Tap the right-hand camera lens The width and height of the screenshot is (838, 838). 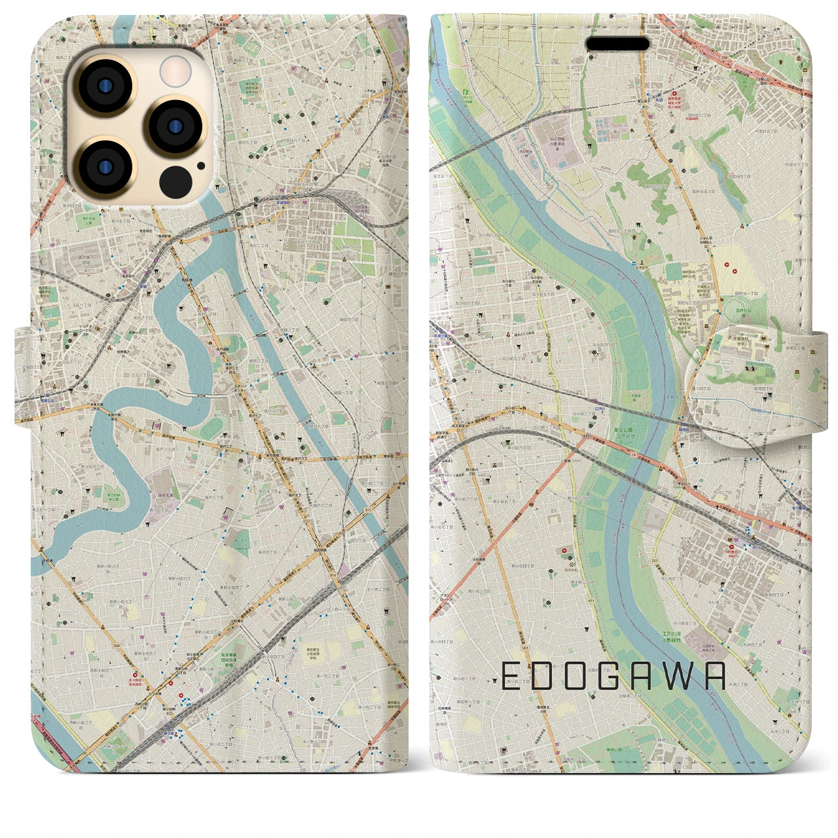coord(173,126)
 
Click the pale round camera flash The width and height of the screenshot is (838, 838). coord(175,70)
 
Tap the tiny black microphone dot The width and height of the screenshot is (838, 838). coord(201,166)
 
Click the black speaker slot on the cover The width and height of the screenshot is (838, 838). coord(617,44)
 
